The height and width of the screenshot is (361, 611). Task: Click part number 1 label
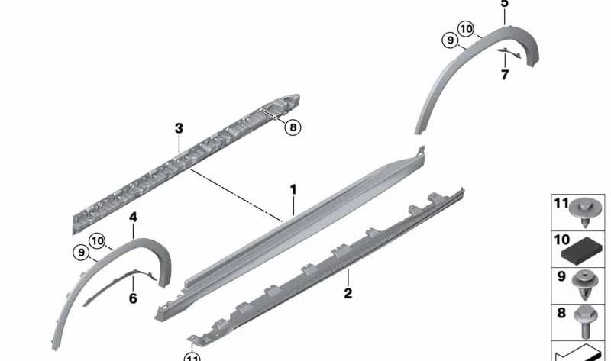(x=293, y=189)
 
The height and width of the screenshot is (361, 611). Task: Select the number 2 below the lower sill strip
(x=348, y=293)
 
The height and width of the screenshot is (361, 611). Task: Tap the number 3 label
(x=179, y=128)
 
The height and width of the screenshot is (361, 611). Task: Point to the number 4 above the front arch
(x=133, y=218)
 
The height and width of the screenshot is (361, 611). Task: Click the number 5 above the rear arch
(x=505, y=4)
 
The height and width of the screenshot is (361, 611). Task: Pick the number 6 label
(x=133, y=298)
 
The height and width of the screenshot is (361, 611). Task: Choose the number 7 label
(x=505, y=74)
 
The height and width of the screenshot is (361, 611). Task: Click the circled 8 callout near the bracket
(x=293, y=127)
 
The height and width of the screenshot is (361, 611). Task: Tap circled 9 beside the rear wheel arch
(x=451, y=40)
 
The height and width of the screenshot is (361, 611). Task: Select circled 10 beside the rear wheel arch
(x=466, y=29)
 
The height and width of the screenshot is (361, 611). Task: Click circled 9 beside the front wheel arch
(x=81, y=253)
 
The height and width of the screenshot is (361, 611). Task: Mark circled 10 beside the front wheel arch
(x=97, y=241)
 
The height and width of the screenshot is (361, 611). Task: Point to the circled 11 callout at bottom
(x=192, y=357)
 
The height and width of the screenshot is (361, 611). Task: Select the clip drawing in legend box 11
(x=584, y=213)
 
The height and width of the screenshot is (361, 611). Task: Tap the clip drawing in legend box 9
(x=585, y=286)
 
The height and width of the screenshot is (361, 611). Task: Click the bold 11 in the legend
(x=561, y=203)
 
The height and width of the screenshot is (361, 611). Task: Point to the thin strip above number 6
(x=120, y=287)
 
